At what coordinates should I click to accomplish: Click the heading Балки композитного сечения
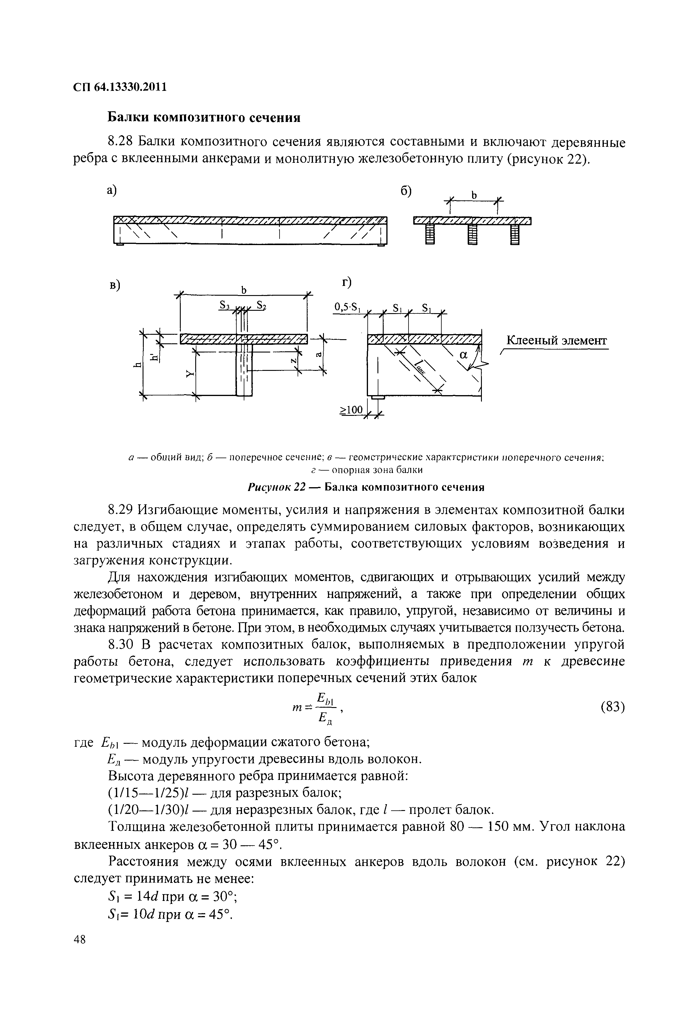pos(204,118)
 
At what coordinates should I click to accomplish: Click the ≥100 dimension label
pos(352,410)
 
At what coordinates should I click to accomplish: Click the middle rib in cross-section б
pos(472,235)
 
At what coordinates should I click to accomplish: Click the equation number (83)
pos(612,707)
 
